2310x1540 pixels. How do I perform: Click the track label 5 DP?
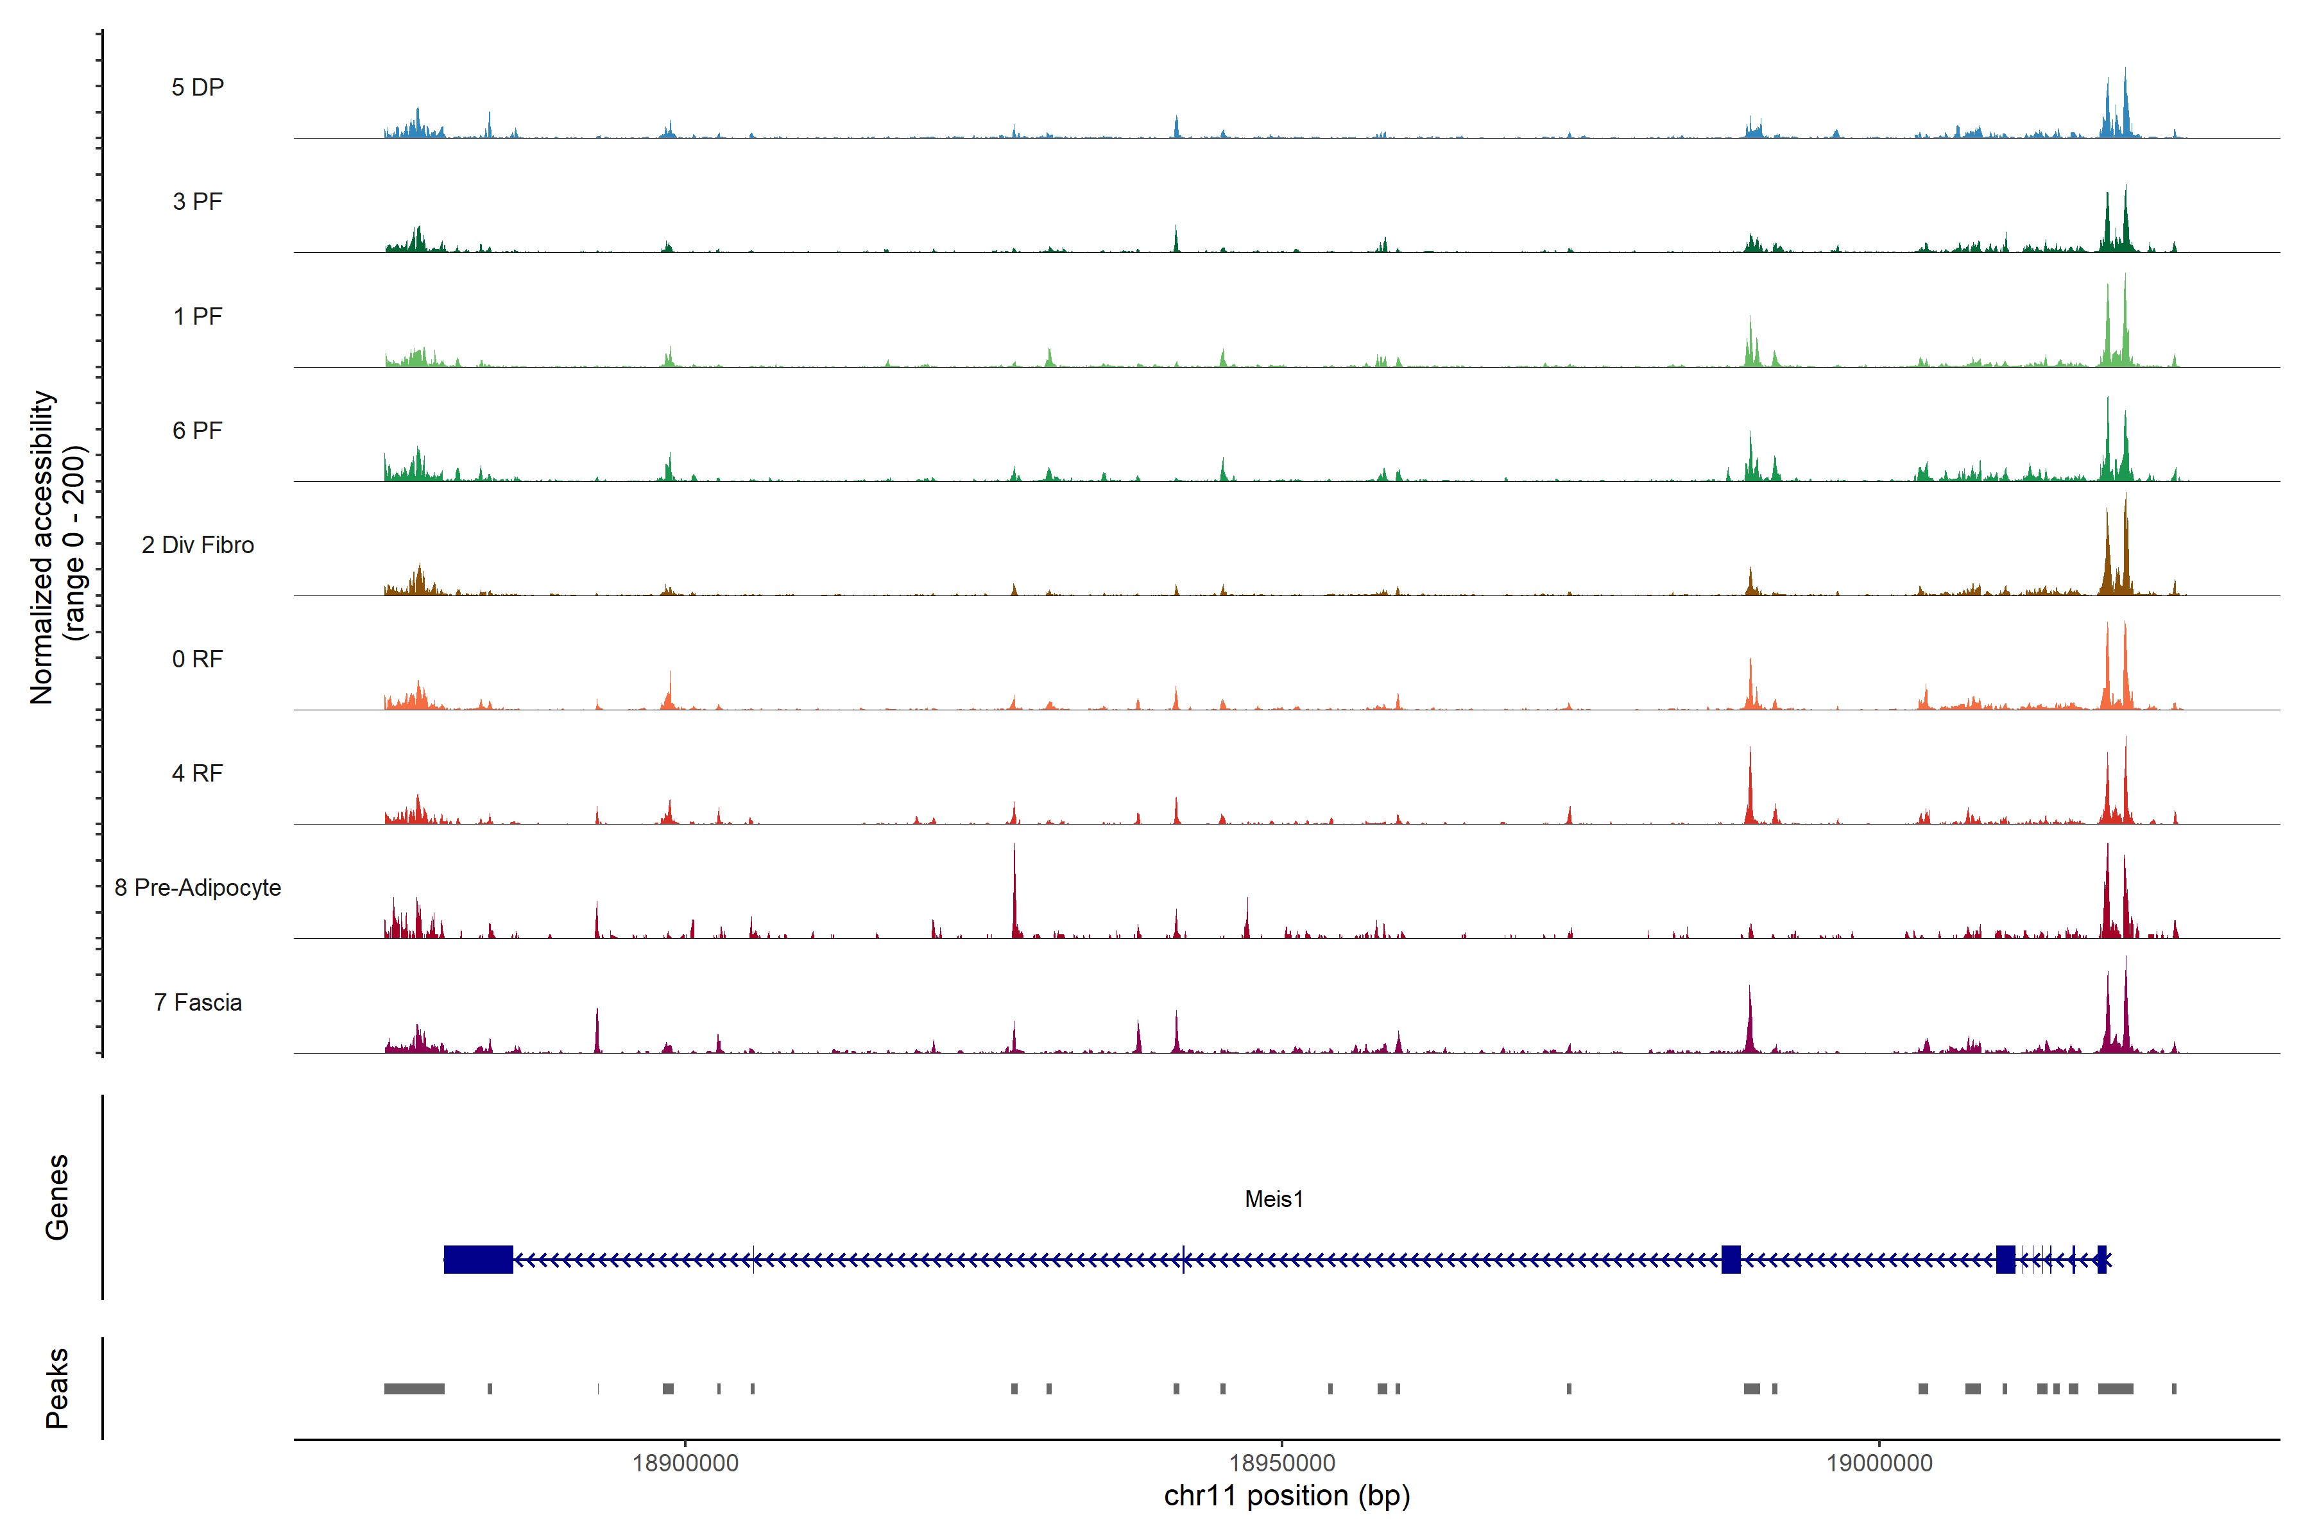click(x=198, y=87)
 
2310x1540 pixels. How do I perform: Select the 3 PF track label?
click(x=198, y=201)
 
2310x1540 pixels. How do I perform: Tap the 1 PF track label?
click(x=198, y=316)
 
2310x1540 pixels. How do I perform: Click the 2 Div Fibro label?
click(x=198, y=545)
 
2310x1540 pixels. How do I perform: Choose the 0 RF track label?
click(x=198, y=659)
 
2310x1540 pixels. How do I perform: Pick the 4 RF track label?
click(x=198, y=773)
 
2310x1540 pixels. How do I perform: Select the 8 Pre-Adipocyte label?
click(x=198, y=888)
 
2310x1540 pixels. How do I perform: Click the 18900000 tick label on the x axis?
click(x=685, y=1462)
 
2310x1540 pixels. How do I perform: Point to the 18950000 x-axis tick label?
click(x=1281, y=1462)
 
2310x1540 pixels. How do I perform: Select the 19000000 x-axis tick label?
click(x=1879, y=1462)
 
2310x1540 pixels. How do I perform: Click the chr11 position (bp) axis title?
click(x=1287, y=1496)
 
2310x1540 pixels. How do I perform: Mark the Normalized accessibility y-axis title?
click(x=57, y=546)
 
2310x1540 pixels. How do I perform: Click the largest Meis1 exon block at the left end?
click(x=478, y=1259)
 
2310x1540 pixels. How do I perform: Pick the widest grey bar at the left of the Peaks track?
click(x=415, y=1389)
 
